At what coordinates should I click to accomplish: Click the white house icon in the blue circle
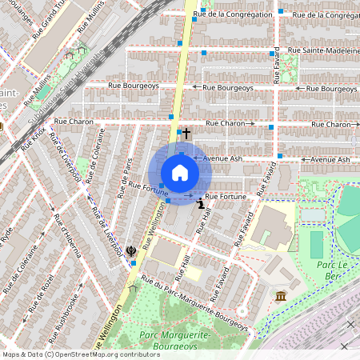click(x=180, y=173)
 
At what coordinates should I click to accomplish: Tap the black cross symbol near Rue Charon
click(x=186, y=134)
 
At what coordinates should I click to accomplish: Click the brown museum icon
click(x=281, y=298)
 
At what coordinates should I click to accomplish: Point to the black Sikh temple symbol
click(x=131, y=251)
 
